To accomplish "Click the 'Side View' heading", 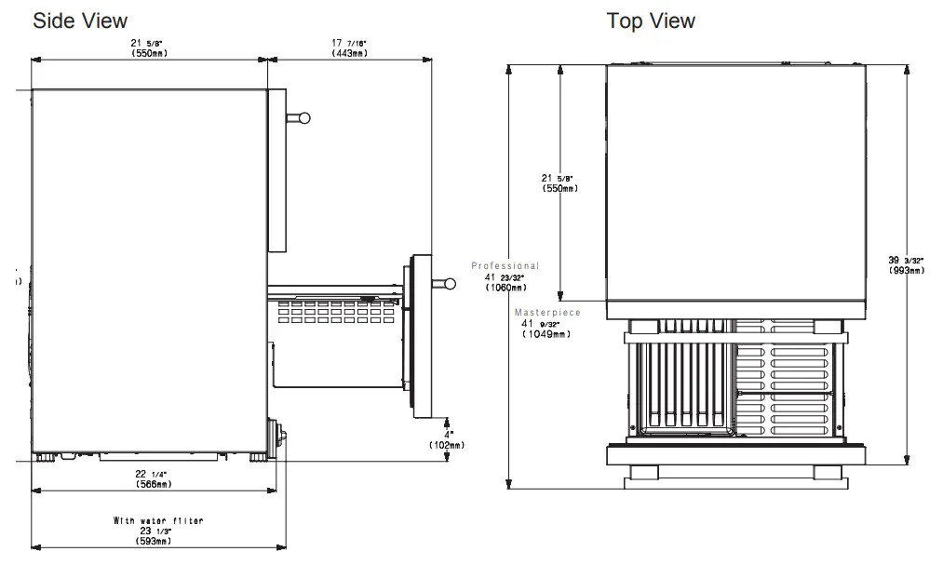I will click(x=80, y=20).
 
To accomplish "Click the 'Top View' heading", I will click(x=651, y=20).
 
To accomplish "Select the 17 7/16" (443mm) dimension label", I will click(x=349, y=47).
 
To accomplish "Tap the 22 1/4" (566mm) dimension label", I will click(x=153, y=478).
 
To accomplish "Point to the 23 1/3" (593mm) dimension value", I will click(x=154, y=535).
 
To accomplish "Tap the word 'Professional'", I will click(x=505, y=266).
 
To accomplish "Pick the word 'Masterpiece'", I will click(x=547, y=313).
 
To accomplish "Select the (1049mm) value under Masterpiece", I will click(x=545, y=334).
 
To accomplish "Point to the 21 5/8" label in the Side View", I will click(x=150, y=47).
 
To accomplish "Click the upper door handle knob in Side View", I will click(x=303, y=117).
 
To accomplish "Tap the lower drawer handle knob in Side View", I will click(x=450, y=284).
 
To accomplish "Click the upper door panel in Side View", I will click(x=276, y=170).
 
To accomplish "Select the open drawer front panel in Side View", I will click(x=420, y=336).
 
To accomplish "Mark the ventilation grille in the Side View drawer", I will click(x=336, y=311).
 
